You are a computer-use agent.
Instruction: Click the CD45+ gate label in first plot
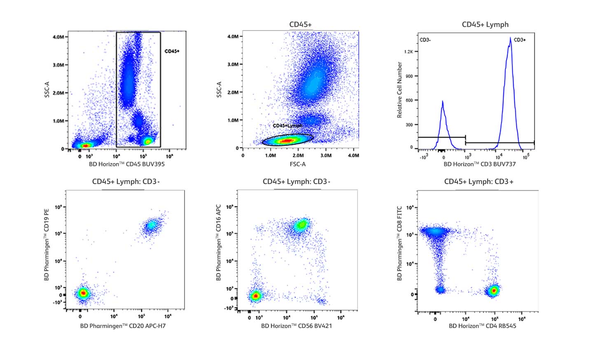tap(172, 51)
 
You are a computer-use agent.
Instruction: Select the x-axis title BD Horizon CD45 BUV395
tap(127, 164)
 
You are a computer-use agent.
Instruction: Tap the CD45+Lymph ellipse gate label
tap(287, 126)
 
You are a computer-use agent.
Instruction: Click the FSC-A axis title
tap(297, 164)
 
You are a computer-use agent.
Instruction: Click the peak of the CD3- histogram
tap(442, 101)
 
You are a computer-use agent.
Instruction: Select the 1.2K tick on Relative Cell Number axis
tap(409, 52)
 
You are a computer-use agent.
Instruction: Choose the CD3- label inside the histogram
tap(425, 40)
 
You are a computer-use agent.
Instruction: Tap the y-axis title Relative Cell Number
tap(399, 90)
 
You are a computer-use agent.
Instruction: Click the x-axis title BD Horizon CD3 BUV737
tap(479, 164)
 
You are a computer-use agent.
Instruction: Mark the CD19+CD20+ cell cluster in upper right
tap(151, 225)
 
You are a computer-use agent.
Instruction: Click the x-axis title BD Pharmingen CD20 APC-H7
tap(123, 326)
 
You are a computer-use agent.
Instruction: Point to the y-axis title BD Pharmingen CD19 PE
tap(47, 245)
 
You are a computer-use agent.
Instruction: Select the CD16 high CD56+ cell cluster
tap(301, 225)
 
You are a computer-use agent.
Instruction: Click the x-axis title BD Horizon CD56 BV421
tap(296, 326)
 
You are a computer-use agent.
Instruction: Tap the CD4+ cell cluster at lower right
tap(493, 290)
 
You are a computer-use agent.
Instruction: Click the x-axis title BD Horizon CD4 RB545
tap(482, 326)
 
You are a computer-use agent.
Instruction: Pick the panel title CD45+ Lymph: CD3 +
tap(479, 182)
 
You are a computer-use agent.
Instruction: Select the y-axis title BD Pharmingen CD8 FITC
tap(399, 243)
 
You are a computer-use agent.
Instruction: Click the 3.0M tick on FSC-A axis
tap(326, 156)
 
